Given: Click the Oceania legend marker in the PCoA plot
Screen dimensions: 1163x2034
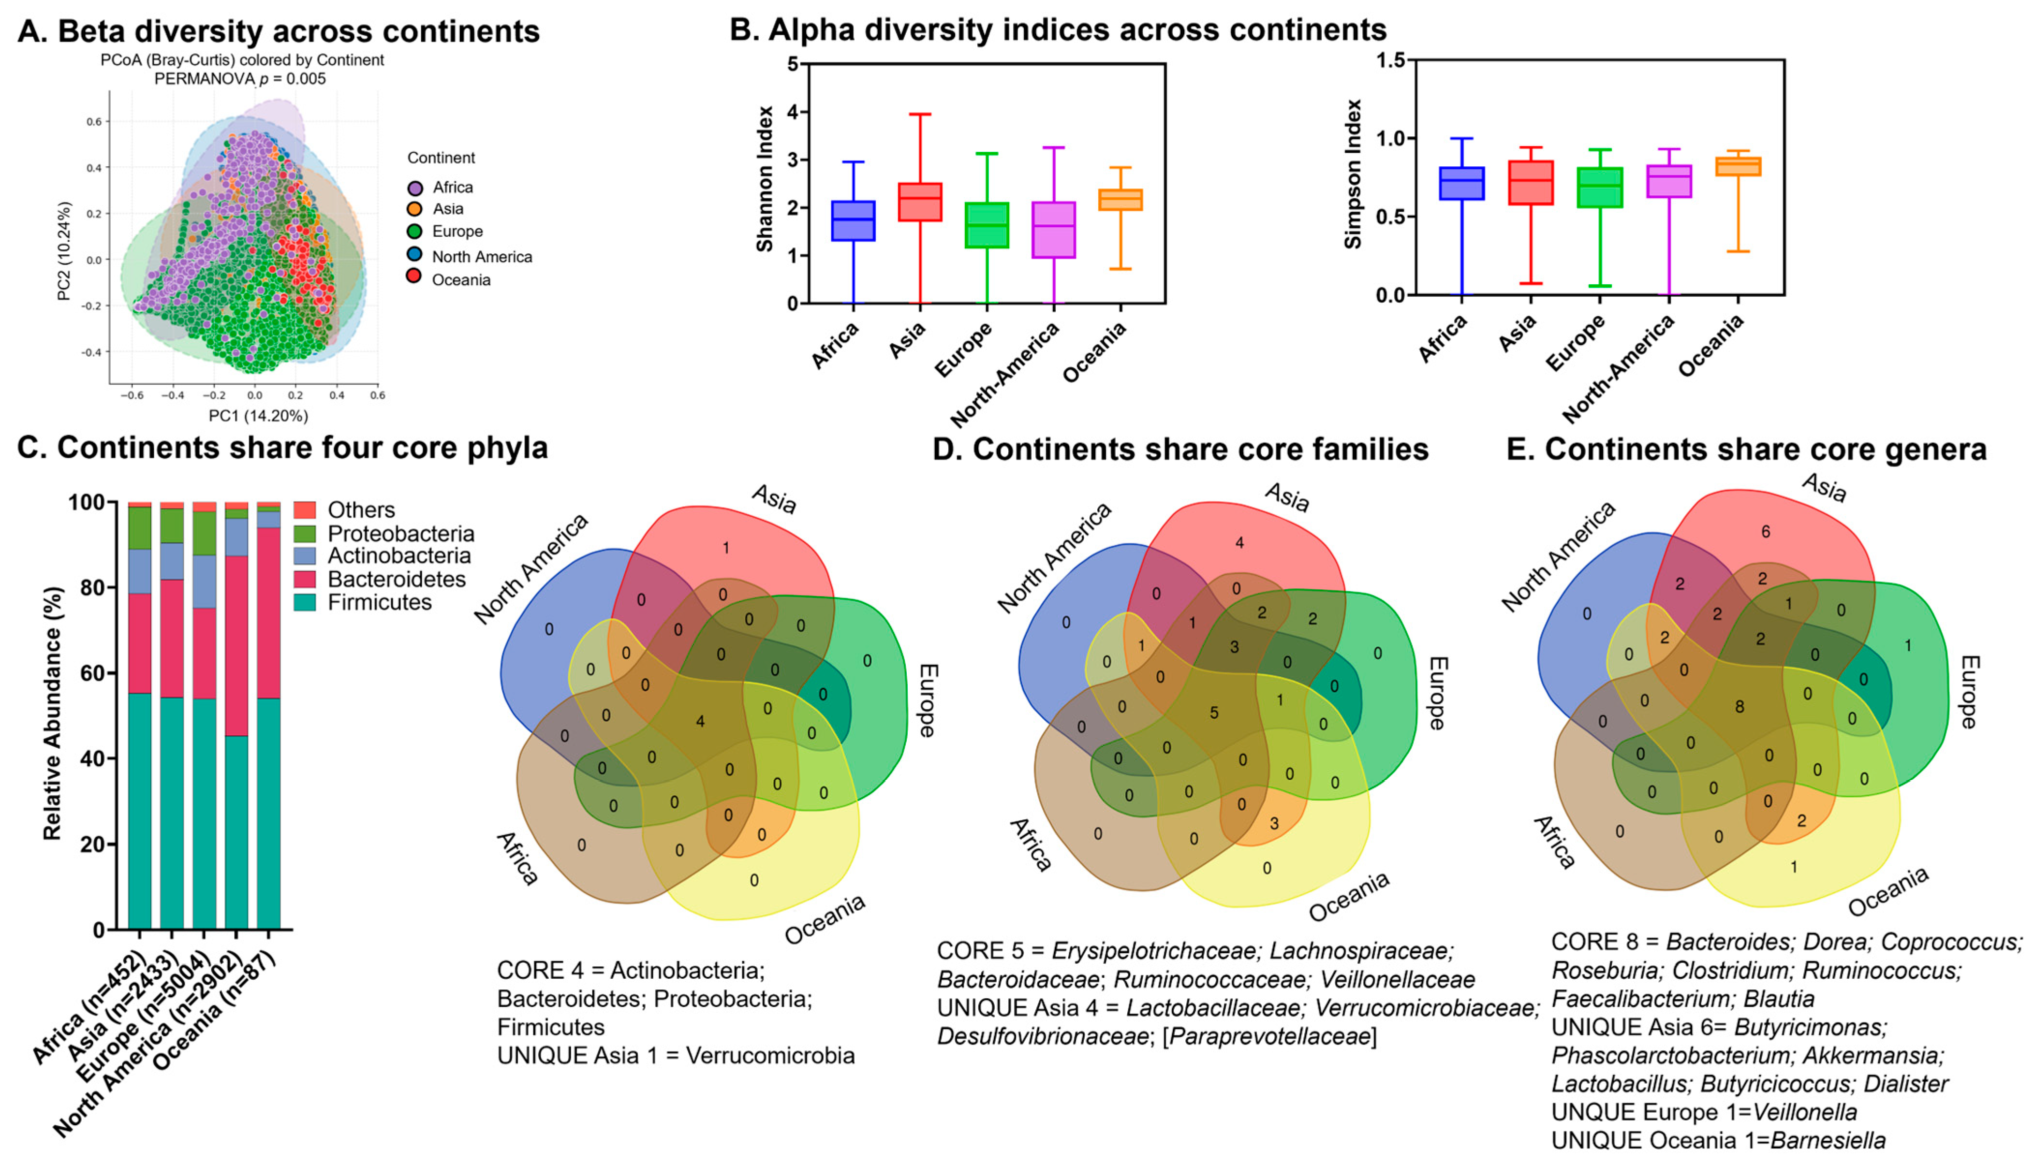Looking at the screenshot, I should tap(414, 276).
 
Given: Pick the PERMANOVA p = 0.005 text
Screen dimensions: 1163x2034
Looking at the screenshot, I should tap(240, 78).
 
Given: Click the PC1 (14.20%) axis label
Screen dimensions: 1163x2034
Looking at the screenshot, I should tap(258, 415).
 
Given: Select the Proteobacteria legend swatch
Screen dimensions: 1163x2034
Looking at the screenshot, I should tap(304, 533).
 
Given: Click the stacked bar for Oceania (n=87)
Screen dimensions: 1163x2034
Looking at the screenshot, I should tap(268, 719).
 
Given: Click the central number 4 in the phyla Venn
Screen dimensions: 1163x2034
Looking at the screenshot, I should tap(700, 721).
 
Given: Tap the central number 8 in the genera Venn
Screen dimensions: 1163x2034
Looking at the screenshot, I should tap(1739, 707).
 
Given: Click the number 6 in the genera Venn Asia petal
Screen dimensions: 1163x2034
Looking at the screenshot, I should tap(1766, 531).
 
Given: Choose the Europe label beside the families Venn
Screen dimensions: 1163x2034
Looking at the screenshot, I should tap(1436, 693).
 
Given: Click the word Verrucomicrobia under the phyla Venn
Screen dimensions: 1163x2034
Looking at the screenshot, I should tap(770, 1056).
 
